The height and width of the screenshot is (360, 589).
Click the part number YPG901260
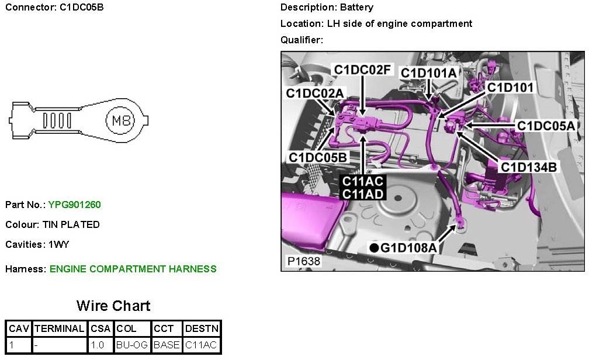pos(74,205)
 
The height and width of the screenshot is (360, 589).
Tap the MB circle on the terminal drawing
pos(119,121)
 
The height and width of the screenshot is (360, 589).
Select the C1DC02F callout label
pos(362,70)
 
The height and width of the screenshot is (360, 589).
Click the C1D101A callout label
pos(428,72)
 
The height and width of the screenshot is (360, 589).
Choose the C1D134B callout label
pos(529,167)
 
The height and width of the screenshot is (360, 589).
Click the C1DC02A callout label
pos(315,94)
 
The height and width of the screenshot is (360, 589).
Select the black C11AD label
pos(362,193)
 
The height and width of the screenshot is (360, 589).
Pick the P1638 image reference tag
pos(304,261)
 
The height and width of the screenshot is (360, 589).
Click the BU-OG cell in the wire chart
pos(132,345)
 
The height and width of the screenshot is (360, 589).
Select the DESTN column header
pos(202,328)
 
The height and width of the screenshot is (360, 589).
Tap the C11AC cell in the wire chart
pos(202,345)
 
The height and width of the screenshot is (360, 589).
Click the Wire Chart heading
pos(113,306)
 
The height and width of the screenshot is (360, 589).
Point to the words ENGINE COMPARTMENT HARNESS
pos(133,269)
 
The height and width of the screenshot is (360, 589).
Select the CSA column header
pos(101,328)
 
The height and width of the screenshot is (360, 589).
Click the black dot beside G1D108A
pos(374,248)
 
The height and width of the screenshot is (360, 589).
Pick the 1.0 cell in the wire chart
pos(98,345)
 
